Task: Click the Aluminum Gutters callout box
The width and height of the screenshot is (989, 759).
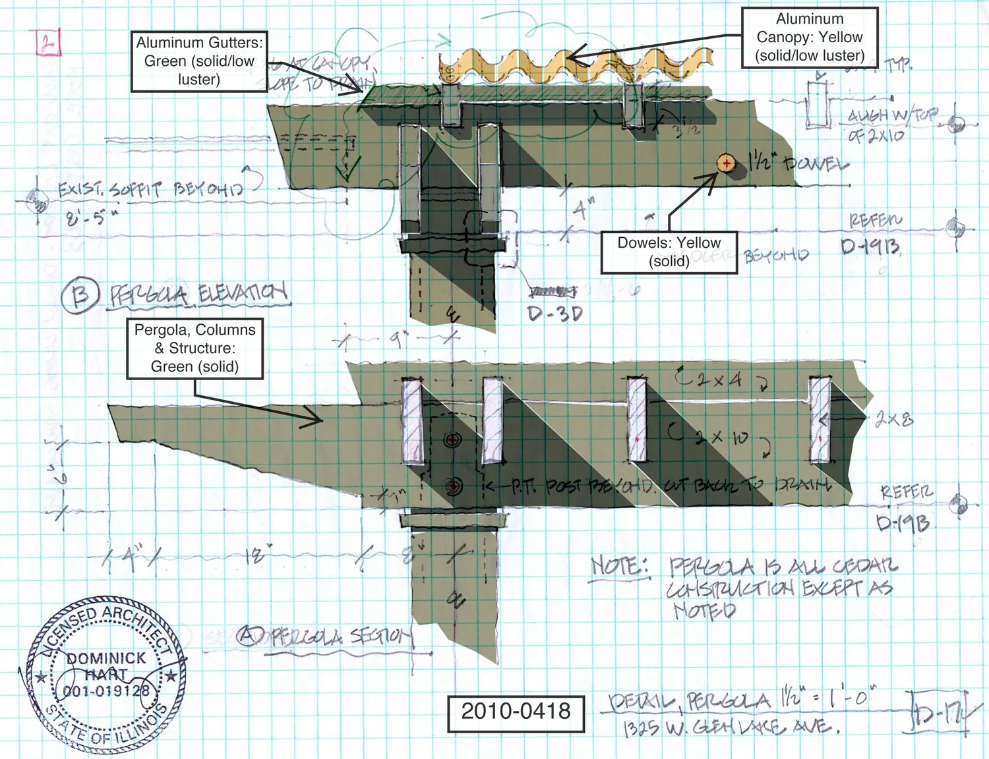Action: [x=199, y=61]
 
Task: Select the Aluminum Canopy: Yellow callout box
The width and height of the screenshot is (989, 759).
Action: [x=810, y=38]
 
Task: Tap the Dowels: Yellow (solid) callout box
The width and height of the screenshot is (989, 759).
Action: [x=669, y=252]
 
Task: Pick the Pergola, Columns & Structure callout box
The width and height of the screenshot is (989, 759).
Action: [x=195, y=349]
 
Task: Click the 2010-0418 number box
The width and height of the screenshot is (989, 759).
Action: [x=516, y=712]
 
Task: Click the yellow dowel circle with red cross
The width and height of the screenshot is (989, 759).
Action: [x=726, y=163]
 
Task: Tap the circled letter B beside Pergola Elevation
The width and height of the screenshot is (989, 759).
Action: [x=80, y=296]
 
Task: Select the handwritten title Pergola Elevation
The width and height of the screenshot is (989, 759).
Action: [x=198, y=294]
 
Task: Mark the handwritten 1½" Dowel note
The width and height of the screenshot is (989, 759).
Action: [x=798, y=163]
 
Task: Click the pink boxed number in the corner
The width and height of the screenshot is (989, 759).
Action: [x=48, y=43]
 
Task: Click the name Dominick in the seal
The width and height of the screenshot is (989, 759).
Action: [x=106, y=658]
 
